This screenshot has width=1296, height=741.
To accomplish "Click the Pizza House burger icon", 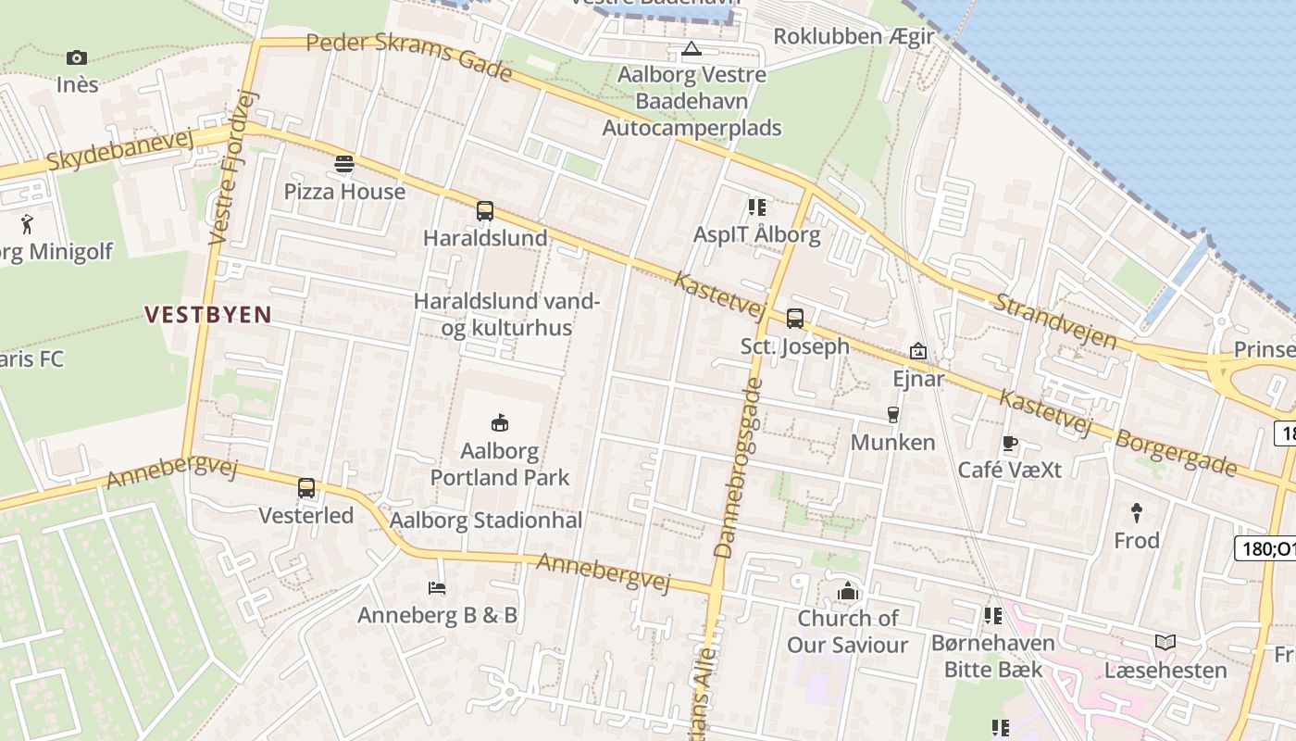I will (x=344, y=164).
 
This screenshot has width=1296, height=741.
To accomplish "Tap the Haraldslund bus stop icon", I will (x=485, y=210).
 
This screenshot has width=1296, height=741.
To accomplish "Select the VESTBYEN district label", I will (x=208, y=315).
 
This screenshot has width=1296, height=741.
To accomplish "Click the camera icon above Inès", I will (x=77, y=57).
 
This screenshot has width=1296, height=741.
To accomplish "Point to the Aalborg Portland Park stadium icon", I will (x=500, y=423).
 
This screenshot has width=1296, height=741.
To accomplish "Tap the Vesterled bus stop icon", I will (x=306, y=487).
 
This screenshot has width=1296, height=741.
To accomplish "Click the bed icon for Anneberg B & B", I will (x=437, y=587).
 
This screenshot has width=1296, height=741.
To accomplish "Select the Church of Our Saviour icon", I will (x=847, y=591).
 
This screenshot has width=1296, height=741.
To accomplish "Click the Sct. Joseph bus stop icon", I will (x=794, y=319).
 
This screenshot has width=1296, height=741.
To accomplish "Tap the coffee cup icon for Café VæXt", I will (x=1009, y=443).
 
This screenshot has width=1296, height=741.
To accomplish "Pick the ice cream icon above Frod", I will (x=1136, y=511).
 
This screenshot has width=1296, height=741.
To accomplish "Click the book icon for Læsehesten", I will (x=1165, y=642).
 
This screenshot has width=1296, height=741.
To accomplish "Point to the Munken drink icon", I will (x=892, y=414).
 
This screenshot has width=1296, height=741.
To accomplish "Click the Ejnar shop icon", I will (x=918, y=351).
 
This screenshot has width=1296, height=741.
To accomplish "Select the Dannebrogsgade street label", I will (x=738, y=471).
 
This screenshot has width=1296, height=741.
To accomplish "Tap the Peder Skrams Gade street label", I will (x=409, y=56).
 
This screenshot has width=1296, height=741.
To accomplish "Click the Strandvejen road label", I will (x=1056, y=320).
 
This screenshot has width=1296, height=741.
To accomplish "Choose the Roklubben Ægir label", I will (x=854, y=36).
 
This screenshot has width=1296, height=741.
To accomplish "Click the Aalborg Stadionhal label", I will (x=486, y=521).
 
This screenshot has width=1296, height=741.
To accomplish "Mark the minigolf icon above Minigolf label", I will (x=26, y=223).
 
